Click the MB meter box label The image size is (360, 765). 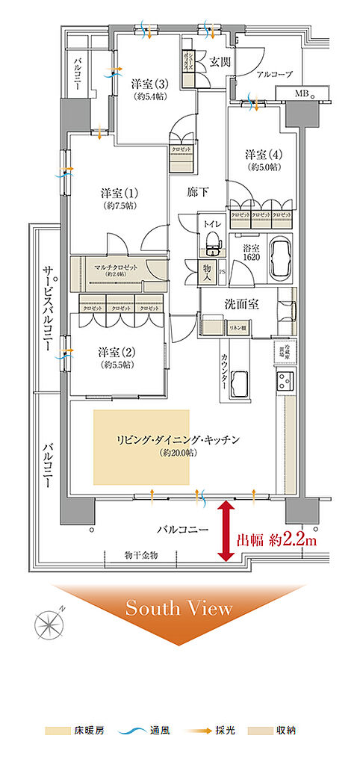(300, 93)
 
